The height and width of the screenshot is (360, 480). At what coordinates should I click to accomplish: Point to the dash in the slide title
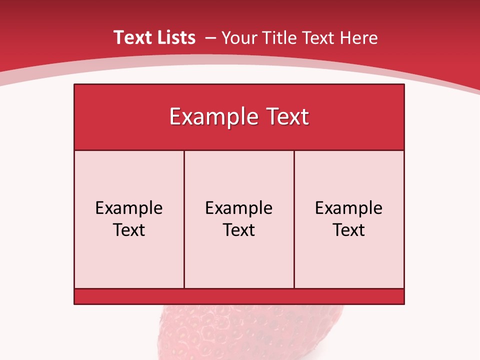click(210, 38)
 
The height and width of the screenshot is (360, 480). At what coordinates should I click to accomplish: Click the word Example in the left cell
click(129, 208)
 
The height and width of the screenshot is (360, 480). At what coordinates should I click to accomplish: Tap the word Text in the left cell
click(129, 230)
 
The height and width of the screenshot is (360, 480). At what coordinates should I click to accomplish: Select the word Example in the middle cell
click(239, 208)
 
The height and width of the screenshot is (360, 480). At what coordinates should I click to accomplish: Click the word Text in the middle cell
click(239, 230)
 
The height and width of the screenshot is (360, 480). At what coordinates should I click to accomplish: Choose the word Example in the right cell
click(349, 208)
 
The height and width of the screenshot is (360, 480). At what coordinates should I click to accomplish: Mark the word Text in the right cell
click(349, 230)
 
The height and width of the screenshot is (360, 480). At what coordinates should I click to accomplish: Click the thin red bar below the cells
click(239, 296)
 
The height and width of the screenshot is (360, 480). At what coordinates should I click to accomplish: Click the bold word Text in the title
click(130, 37)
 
